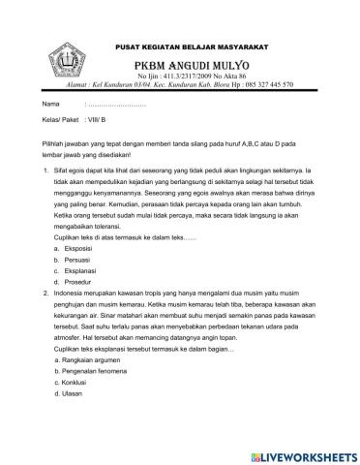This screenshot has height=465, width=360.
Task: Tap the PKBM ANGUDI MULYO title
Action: coord(193,64)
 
